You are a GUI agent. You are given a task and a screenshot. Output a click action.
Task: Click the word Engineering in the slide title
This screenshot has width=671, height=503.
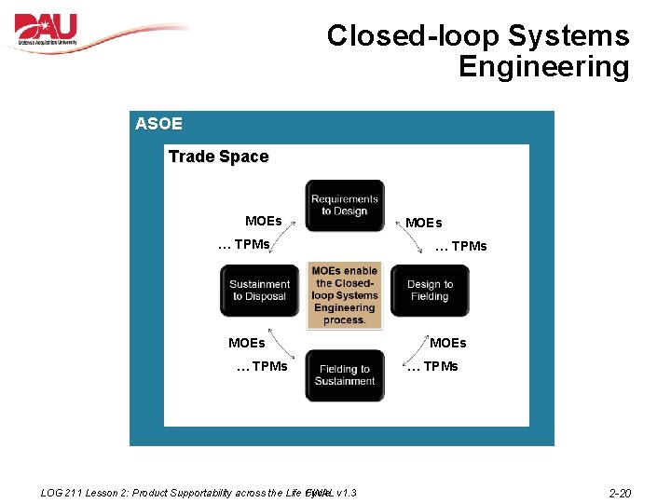(x=544, y=67)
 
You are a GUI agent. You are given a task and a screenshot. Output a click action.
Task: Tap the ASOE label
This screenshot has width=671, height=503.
(x=158, y=124)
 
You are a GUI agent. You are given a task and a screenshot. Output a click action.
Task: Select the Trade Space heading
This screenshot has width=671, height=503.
(x=218, y=156)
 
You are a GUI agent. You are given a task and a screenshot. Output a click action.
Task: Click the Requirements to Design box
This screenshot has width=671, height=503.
(x=345, y=205)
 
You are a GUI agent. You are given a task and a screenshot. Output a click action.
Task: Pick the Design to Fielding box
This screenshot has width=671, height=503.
(x=430, y=291)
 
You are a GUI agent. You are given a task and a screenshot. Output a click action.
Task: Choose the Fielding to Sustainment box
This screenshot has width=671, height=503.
(x=345, y=375)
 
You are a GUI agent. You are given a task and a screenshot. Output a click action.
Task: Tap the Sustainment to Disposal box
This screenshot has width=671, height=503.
(x=259, y=291)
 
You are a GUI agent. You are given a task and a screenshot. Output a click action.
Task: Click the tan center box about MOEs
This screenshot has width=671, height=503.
(x=345, y=295)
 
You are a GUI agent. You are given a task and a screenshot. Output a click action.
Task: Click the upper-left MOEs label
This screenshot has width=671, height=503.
(x=263, y=221)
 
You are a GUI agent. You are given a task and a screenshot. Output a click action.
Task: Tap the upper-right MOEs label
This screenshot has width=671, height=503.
(x=424, y=223)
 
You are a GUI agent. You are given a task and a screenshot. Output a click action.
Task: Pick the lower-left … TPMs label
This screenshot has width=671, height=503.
(x=262, y=366)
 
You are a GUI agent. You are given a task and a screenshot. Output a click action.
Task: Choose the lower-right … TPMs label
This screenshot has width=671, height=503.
(x=432, y=366)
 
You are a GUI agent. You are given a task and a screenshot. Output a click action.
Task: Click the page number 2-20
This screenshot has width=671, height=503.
(x=620, y=492)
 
